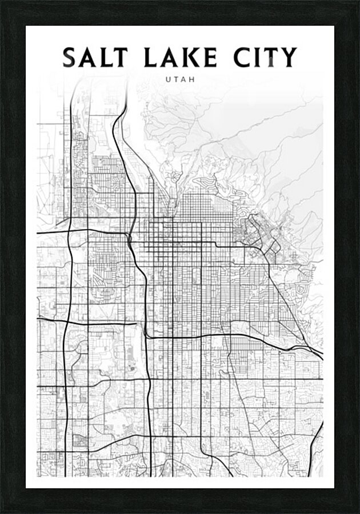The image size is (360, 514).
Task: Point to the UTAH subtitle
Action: pyautogui.click(x=180, y=79)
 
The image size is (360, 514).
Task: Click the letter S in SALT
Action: pyautogui.click(x=70, y=57)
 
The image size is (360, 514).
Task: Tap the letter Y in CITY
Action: pyautogui.click(x=289, y=57)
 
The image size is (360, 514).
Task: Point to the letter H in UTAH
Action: pyautogui.click(x=193, y=79)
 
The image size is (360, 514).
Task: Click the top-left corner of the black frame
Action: pyautogui.click(x=2, y=2)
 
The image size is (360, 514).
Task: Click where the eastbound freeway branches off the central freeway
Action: pyautogui.click(x=146, y=336)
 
